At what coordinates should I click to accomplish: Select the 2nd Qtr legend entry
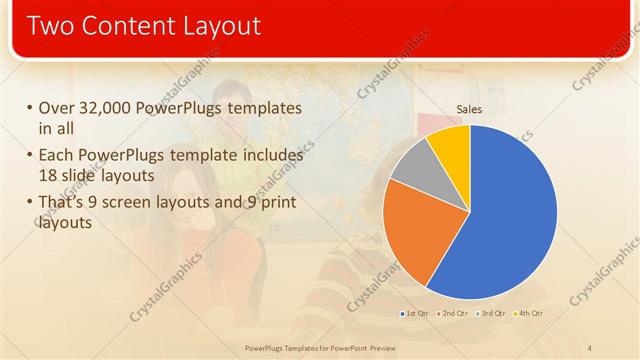point(454,314)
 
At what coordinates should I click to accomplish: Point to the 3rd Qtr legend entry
point(492,314)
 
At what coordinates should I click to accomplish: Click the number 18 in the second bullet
point(50,176)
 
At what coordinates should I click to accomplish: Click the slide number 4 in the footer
point(590,347)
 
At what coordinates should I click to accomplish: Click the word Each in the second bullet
point(56,156)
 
